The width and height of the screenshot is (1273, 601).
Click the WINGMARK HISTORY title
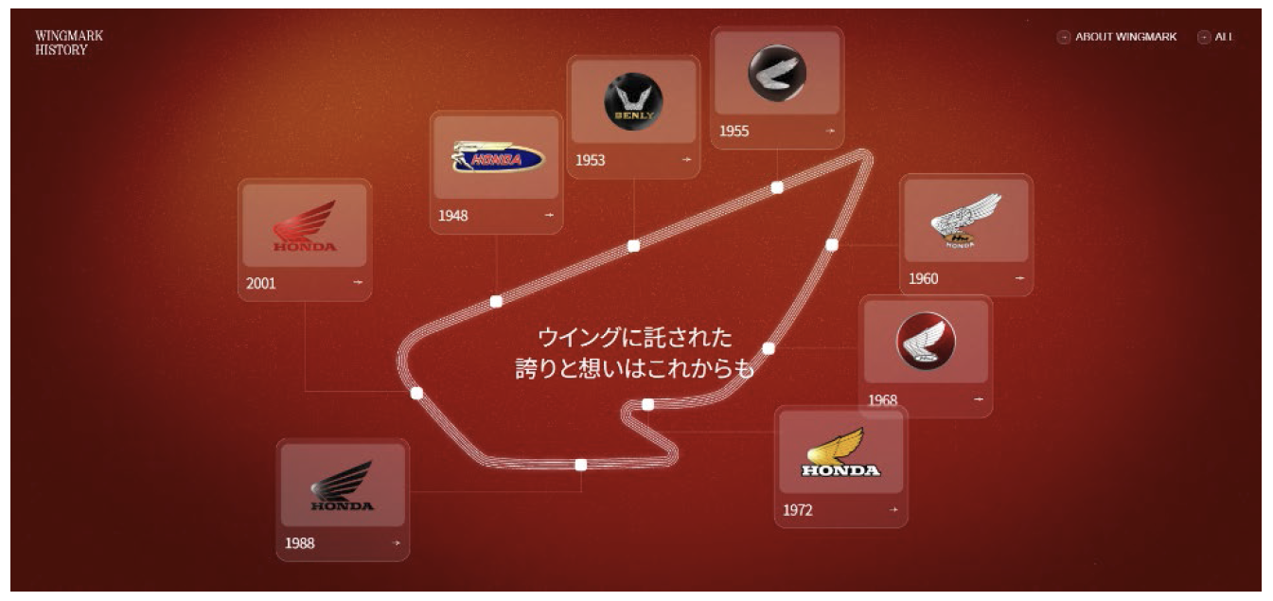tap(69, 43)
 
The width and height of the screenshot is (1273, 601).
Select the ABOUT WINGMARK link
tap(1125, 37)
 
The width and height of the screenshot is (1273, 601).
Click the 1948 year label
tap(452, 216)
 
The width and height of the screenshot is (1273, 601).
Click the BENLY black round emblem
tap(633, 101)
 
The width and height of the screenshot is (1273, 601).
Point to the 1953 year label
tap(590, 160)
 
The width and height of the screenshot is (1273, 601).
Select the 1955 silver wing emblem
tap(777, 73)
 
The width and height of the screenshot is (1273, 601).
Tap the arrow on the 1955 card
tap(830, 132)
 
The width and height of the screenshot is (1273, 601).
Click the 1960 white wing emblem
tap(965, 220)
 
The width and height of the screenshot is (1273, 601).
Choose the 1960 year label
tap(923, 279)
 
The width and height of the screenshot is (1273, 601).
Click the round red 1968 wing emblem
tap(926, 341)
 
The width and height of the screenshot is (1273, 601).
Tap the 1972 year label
tap(797, 511)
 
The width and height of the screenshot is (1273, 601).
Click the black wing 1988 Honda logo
tap(343, 486)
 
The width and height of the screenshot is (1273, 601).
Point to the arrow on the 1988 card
tap(397, 543)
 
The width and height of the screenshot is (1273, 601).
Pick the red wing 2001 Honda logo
tap(305, 226)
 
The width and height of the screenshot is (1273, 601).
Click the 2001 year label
tap(261, 283)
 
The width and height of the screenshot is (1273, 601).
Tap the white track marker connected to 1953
tap(634, 246)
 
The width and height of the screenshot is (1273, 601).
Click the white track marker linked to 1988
tap(581, 465)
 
